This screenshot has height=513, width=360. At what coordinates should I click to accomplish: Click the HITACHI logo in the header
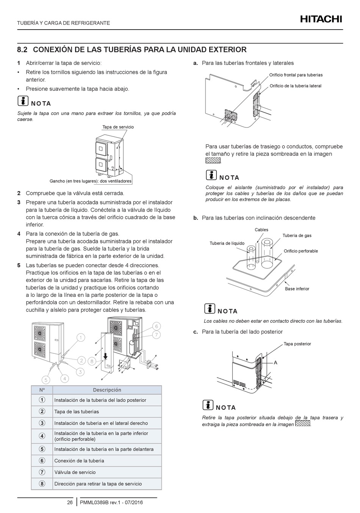pos(321,19)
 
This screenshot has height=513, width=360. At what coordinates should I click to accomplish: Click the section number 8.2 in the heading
pos(23,50)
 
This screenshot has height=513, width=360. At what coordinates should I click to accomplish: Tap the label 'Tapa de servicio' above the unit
pos(118,127)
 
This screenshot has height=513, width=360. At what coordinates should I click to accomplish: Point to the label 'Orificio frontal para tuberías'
pos(296,75)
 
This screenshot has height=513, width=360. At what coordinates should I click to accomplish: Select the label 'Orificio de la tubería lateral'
pos(295,86)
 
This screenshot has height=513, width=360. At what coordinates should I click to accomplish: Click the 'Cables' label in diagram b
pos(261,230)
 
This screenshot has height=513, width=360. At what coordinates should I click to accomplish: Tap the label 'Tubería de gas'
pos(297,235)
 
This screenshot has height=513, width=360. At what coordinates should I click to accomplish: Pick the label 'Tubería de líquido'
pos(227,243)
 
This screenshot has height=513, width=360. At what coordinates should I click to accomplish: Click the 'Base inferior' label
pos(297,289)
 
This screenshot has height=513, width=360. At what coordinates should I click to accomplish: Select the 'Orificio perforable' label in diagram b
pos(301,251)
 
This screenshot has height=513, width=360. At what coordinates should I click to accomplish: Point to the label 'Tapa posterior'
pos(297,344)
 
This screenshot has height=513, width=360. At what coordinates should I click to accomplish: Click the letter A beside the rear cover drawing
pos(275,363)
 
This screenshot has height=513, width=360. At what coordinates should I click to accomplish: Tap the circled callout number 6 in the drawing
pos(156,326)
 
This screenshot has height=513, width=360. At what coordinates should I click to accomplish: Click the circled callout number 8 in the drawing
pos(91,361)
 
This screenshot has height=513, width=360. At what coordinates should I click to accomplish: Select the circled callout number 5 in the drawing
pos(45,380)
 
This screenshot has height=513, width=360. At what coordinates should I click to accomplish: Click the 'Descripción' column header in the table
pos(107,390)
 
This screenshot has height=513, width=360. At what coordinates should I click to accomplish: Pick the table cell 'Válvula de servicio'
pos(75,472)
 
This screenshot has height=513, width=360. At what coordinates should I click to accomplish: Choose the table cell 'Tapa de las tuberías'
pos(77,412)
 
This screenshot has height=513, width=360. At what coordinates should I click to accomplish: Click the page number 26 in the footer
pos(70,503)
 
